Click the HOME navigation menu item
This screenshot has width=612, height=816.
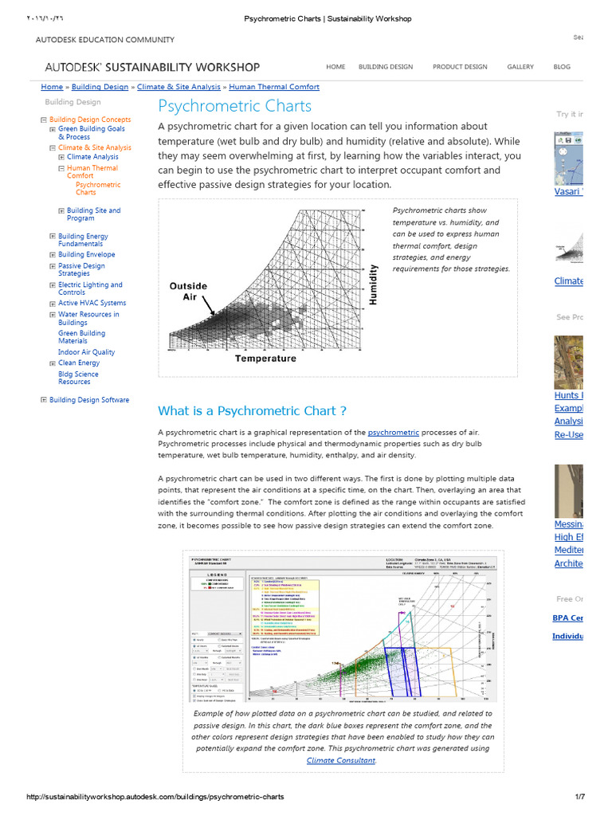[335, 67]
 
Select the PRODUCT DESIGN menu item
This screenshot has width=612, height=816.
[460, 67]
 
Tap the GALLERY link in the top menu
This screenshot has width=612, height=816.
[520, 67]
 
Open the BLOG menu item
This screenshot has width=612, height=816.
[562, 67]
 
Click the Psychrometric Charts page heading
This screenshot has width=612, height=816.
[235, 106]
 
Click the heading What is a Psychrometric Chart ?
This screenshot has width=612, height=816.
[252, 411]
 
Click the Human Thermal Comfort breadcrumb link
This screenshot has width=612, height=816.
[274, 87]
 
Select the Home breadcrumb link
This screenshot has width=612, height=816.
[52, 87]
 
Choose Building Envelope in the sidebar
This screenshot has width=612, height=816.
[86, 255]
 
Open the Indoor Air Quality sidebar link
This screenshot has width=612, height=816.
[86, 352]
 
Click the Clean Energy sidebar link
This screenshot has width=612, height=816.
[79, 363]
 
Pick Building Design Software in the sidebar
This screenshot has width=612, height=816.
[88, 400]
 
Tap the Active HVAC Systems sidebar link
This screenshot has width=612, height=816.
[92, 303]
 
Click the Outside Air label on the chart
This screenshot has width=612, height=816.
[188, 291]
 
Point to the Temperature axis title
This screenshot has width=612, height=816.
[265, 359]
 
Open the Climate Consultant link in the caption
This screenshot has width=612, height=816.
[341, 760]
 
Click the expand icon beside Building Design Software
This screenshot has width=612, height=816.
[44, 400]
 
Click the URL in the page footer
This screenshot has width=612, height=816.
[155, 797]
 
